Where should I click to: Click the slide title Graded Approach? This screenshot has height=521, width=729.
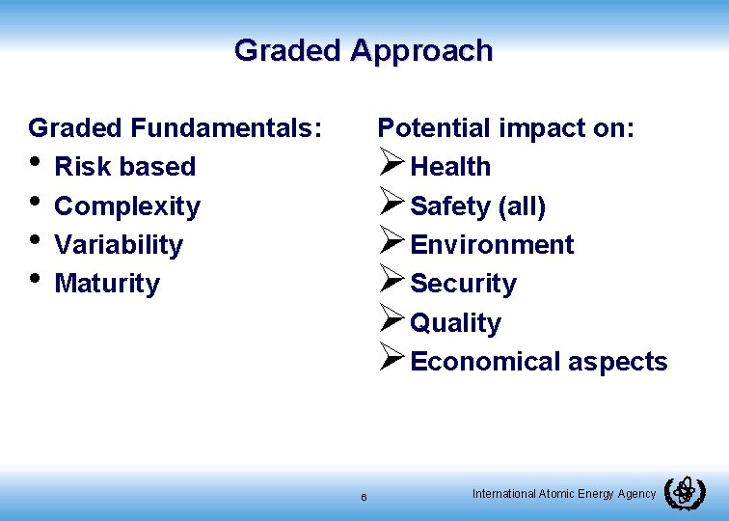coord(364,50)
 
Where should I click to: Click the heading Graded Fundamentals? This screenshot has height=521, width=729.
coord(175,127)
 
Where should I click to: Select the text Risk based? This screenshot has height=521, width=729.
coord(125,167)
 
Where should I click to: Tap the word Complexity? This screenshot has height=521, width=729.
coord(127,206)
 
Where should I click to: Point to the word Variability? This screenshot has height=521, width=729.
coord(119,245)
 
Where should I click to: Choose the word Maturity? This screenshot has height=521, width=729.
coord(107,284)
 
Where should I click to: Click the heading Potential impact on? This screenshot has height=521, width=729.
coord(506,127)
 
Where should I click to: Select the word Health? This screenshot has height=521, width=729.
coord(450,167)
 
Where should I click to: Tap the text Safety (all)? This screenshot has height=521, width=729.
coord(478,206)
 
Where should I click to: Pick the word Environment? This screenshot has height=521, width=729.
coord(492,245)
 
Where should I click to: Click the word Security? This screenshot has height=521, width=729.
coord(463,284)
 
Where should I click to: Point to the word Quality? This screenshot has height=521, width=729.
coord(455,323)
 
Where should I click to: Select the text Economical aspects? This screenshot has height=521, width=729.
coord(538,362)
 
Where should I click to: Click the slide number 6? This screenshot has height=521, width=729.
coord(364,497)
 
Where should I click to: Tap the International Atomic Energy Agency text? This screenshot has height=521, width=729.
coord(564,494)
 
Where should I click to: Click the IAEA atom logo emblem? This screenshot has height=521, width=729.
coord(685,493)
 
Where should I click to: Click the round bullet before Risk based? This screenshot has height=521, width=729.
coord(36,163)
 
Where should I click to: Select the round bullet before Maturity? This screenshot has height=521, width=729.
coord(36,280)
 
